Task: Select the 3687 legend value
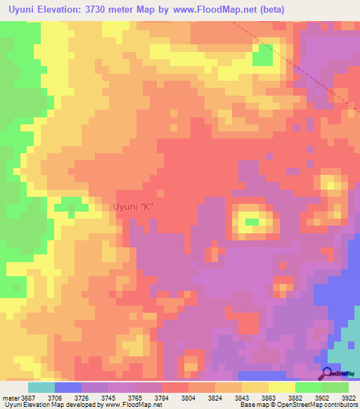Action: point(30,397)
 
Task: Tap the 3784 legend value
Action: point(162,397)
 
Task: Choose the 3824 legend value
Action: point(215,397)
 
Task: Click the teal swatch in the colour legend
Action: point(41,387)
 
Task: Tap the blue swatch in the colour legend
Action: point(67,387)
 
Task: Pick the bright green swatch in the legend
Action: point(309,387)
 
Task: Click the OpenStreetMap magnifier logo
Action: point(327,373)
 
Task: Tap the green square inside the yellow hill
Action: point(251,222)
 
